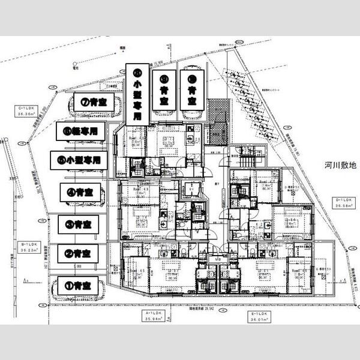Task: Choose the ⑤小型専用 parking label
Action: click(x=78, y=160)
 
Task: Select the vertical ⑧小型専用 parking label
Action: click(x=137, y=94)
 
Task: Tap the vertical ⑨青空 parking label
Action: click(x=164, y=89)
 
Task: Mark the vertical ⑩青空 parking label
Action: click(x=192, y=89)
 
